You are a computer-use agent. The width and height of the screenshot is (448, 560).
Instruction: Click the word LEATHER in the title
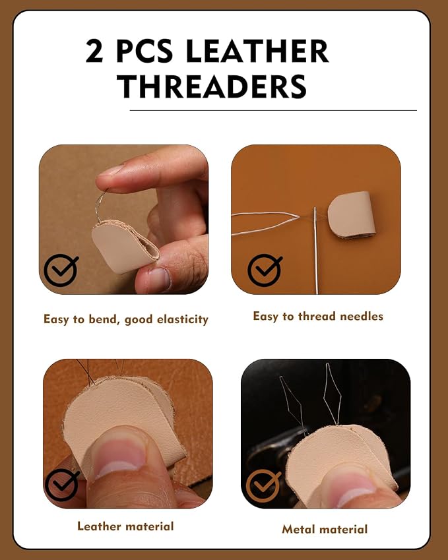click(257, 51)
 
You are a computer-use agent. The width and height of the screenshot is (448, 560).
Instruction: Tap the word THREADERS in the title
click(212, 86)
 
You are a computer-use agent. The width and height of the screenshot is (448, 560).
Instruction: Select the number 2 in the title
click(94, 51)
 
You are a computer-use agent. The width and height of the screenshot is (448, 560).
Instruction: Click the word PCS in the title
click(144, 51)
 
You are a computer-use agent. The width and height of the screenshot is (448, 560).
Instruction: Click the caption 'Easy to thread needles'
click(318, 316)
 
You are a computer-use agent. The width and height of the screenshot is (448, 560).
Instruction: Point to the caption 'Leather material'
click(125, 526)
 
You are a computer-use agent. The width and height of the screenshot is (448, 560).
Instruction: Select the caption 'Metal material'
click(325, 529)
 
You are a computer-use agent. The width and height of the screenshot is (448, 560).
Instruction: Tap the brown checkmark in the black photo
click(263, 486)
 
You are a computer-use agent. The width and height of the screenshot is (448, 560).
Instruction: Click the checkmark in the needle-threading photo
click(265, 270)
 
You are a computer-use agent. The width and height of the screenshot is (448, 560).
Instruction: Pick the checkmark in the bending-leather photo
click(61, 270)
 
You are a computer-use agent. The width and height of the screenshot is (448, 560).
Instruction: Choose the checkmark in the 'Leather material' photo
click(61, 485)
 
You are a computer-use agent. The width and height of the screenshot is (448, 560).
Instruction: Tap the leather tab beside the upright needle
click(351, 214)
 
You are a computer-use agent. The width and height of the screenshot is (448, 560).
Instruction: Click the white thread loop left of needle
click(265, 223)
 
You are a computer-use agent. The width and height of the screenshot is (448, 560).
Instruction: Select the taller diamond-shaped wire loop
click(332, 394)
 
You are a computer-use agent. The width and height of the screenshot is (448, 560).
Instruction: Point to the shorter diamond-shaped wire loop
click(294, 404)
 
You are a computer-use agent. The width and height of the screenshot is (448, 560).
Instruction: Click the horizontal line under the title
click(273, 110)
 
